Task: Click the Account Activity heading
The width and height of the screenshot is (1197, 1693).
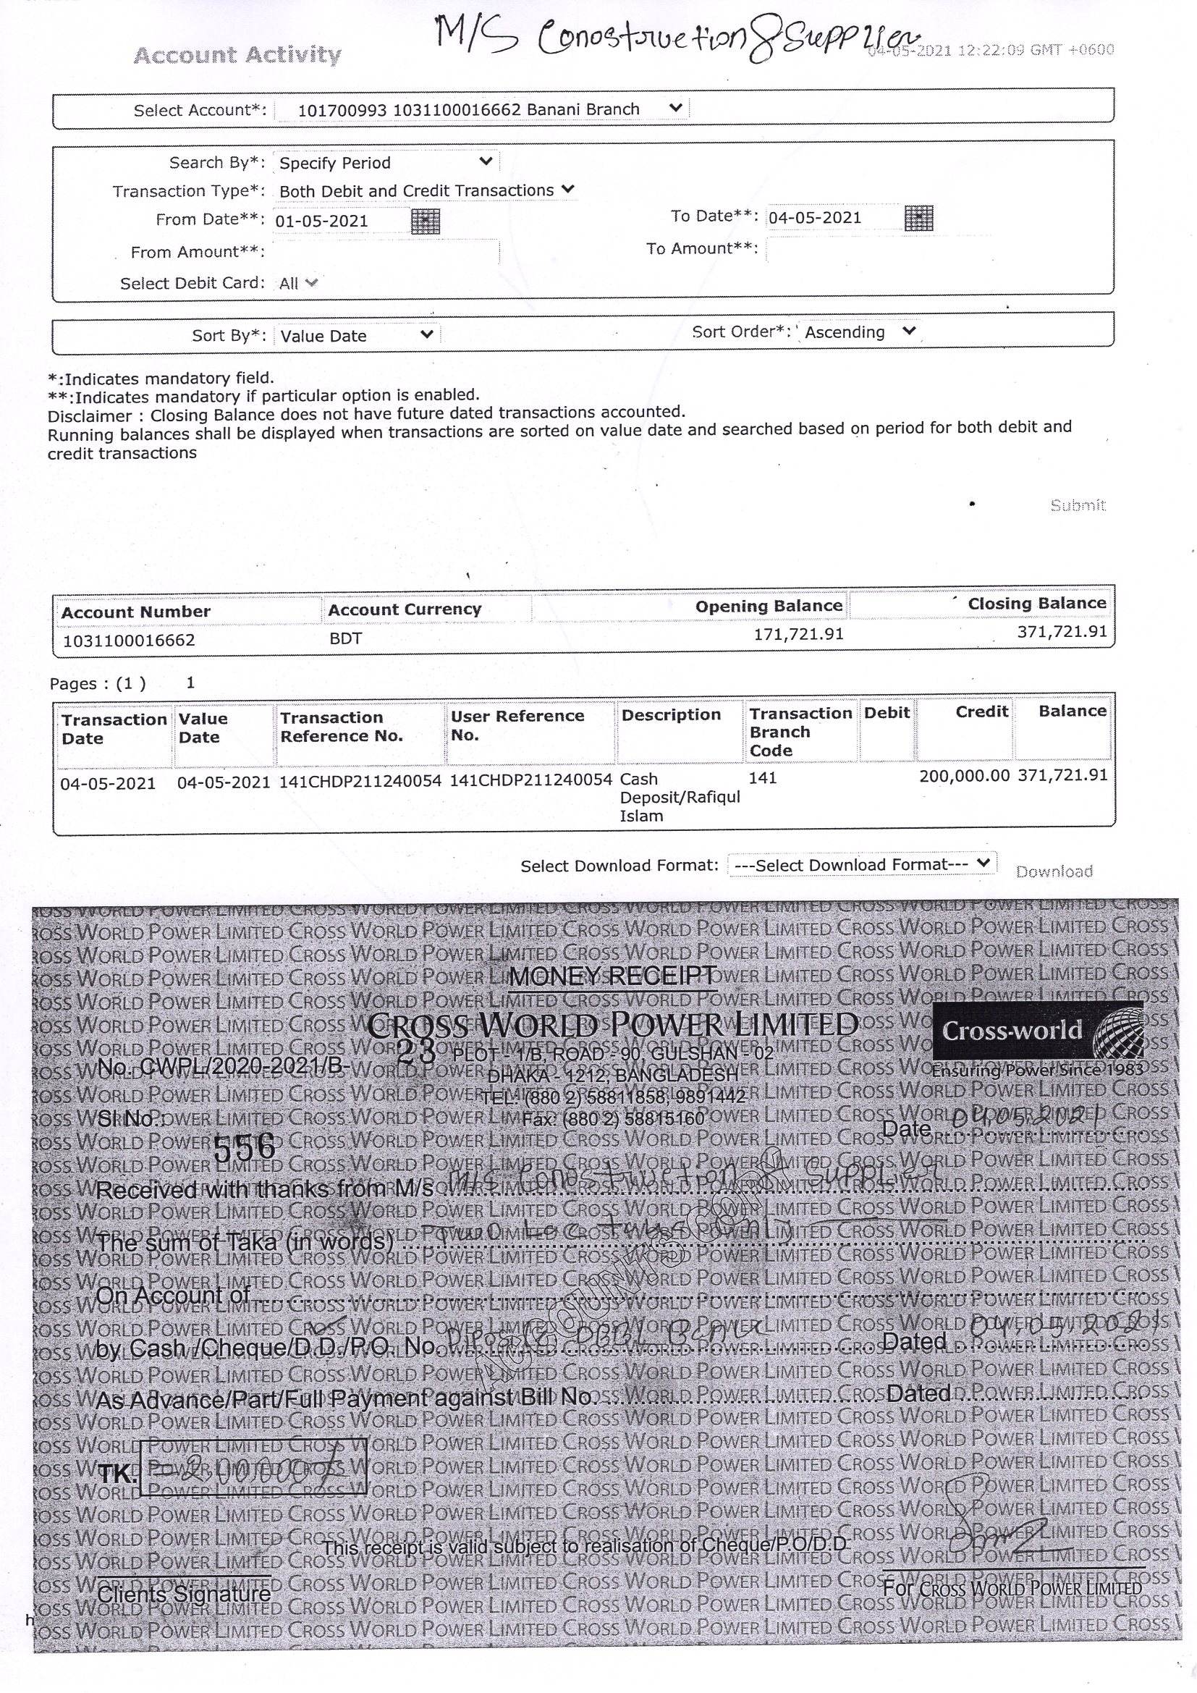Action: pyautogui.click(x=237, y=54)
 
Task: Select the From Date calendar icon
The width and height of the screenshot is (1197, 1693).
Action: pyautogui.click(x=426, y=221)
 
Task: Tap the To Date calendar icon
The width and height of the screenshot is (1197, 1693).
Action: pyautogui.click(x=918, y=219)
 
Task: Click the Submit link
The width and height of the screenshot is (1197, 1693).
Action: pyautogui.click(x=1078, y=505)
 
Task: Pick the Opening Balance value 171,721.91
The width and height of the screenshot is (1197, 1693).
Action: pyautogui.click(x=798, y=634)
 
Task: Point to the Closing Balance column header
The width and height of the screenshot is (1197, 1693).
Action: pyautogui.click(x=1036, y=604)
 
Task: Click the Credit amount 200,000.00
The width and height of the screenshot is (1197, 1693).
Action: pyautogui.click(x=964, y=776)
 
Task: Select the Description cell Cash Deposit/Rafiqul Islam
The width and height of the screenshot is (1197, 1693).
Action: pyautogui.click(x=679, y=797)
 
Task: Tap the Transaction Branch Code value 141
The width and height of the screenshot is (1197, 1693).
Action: pyautogui.click(x=763, y=777)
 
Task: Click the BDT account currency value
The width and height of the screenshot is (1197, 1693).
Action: pyautogui.click(x=346, y=638)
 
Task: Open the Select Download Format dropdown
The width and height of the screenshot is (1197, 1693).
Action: pyautogui.click(x=862, y=864)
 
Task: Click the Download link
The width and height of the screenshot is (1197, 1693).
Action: pyautogui.click(x=1054, y=871)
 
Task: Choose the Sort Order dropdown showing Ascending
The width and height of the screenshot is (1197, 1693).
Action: pyautogui.click(x=860, y=332)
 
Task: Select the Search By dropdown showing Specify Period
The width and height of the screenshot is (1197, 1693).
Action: pyautogui.click(x=386, y=162)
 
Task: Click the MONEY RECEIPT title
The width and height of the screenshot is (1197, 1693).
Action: pyautogui.click(x=612, y=976)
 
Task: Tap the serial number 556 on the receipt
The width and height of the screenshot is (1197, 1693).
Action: pyautogui.click(x=244, y=1147)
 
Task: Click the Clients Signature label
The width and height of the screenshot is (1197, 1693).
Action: pyautogui.click(x=185, y=1593)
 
